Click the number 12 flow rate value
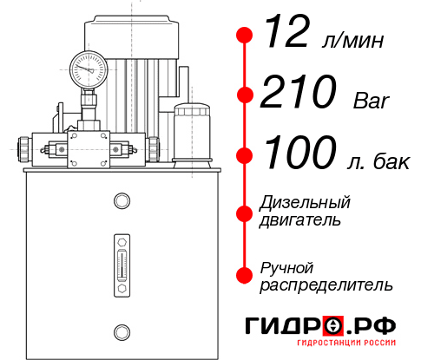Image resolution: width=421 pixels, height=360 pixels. pos(287,35)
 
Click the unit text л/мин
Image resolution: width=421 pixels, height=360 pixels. pos(353,40)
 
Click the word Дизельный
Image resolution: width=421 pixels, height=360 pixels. pos(305,202)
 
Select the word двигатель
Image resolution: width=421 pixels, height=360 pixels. pos(300,219)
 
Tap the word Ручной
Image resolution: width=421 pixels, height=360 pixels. pos(287,267)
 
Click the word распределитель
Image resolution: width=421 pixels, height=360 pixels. pos(326,285)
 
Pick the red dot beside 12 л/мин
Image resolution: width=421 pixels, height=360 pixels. pos(244,36)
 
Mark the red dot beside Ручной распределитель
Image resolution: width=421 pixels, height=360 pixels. pos(244,275)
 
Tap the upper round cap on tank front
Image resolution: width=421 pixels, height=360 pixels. pos(122,202)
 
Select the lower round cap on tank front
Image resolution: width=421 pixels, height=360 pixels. pos(122,330)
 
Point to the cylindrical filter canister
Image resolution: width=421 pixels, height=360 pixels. pos(192,130)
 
